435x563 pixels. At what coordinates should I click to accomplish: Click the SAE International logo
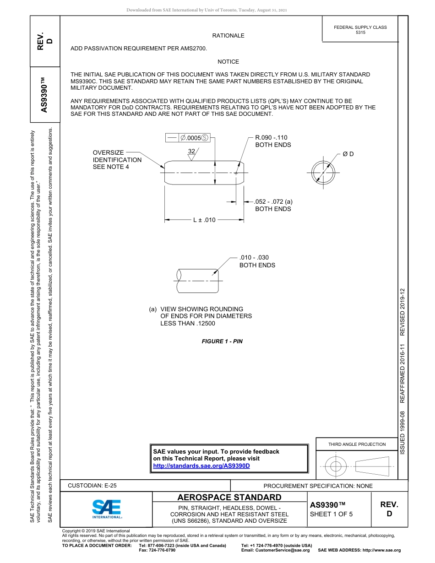click(107, 508)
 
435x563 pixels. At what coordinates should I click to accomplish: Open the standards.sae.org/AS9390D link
click(201, 466)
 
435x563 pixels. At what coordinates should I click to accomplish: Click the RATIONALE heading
click(228, 36)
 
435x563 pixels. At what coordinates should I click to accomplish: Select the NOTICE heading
click(228, 62)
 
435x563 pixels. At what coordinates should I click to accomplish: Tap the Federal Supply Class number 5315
click(360, 32)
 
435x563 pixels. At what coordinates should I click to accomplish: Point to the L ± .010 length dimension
click(204, 220)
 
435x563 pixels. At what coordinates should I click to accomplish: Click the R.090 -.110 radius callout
click(272, 137)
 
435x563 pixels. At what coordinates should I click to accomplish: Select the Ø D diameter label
click(348, 154)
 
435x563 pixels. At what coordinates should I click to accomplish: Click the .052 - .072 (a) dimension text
click(274, 201)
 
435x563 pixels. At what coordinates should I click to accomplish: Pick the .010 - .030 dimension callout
click(254, 258)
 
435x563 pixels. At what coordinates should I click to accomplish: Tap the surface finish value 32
click(191, 151)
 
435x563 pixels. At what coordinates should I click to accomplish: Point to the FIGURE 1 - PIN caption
click(222, 341)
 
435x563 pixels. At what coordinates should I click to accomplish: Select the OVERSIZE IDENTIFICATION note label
click(117, 160)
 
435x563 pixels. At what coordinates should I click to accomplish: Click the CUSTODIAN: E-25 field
click(92, 486)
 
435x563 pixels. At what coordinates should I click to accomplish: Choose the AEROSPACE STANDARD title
click(229, 498)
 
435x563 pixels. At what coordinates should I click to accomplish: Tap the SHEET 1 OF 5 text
click(332, 514)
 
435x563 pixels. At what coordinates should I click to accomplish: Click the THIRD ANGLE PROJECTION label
click(357, 444)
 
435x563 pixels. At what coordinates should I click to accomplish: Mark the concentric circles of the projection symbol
click(336, 466)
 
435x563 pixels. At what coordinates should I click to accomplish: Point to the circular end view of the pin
click(323, 173)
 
